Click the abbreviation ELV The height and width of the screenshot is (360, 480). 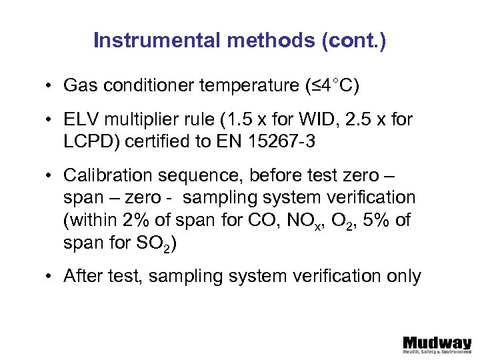click(81, 120)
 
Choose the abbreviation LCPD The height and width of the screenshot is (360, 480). click(85, 141)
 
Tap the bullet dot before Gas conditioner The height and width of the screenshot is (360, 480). click(50, 86)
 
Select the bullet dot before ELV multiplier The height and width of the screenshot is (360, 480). click(50, 121)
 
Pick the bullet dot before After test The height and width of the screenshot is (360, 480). click(50, 277)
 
